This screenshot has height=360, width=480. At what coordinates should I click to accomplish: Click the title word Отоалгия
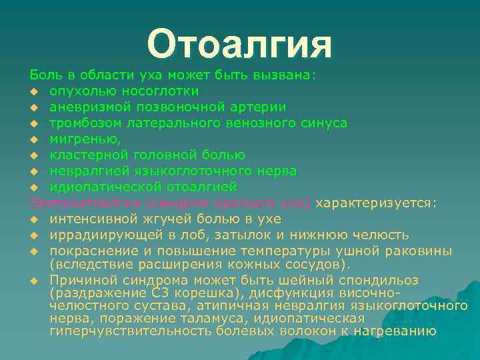239,44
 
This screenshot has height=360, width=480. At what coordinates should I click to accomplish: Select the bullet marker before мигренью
33,139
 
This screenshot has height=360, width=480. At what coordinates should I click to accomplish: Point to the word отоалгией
201,187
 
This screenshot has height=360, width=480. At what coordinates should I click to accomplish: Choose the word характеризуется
376,203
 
